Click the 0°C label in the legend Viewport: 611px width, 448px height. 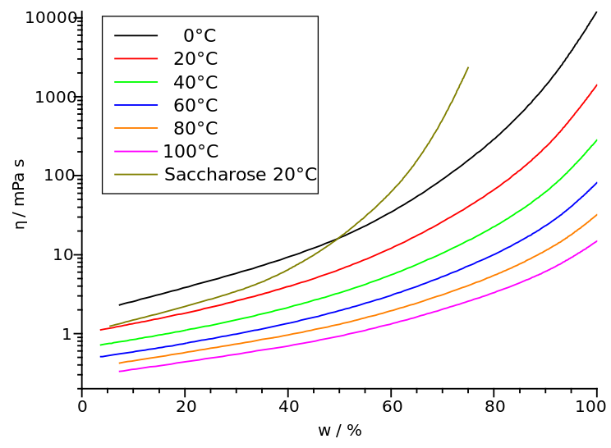(x=200, y=36)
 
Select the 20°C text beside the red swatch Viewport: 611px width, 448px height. (x=195, y=59)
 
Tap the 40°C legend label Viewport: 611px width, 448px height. (x=195, y=82)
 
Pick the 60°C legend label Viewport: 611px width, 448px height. (x=195, y=105)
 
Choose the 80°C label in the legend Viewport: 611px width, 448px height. (x=195, y=128)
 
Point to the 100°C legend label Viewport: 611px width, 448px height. (x=191, y=152)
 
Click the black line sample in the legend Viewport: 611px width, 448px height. (x=136, y=36)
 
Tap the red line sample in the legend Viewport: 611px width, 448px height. (x=136, y=59)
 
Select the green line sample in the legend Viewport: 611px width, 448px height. (x=136, y=82)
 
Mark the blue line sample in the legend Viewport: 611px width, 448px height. (x=136, y=105)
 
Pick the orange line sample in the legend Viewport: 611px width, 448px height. (x=136, y=128)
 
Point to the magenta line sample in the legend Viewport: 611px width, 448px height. (x=136, y=152)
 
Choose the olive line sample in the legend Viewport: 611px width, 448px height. (x=136, y=175)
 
